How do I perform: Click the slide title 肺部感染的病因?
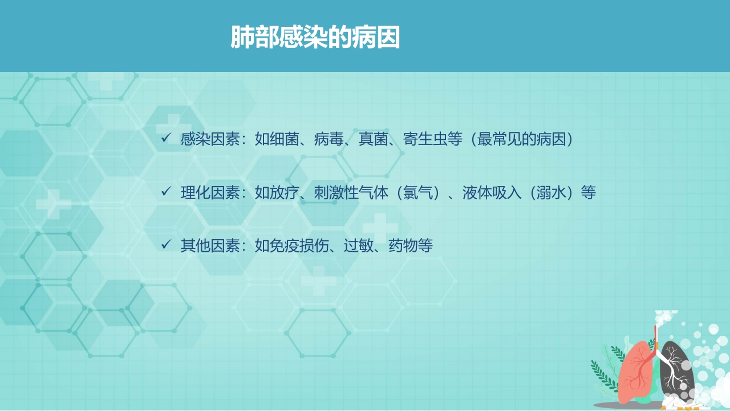[315, 37]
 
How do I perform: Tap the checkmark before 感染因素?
[166, 138]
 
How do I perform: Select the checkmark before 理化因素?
[166, 191]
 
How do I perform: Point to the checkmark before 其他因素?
[166, 244]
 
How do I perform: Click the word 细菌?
[284, 139]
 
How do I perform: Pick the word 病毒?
[329, 139]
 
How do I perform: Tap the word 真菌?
[373, 139]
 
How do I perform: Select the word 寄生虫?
[425, 139]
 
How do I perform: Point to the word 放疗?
[284, 192]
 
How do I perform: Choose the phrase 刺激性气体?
[351, 192]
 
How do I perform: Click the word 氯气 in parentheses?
[417, 192]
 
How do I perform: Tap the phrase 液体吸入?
[492, 192]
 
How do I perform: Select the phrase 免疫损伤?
[299, 245]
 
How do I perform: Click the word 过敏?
[359, 245]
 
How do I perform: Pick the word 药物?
[403, 245]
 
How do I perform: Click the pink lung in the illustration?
[635, 372]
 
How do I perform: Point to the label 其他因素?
[210, 245]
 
